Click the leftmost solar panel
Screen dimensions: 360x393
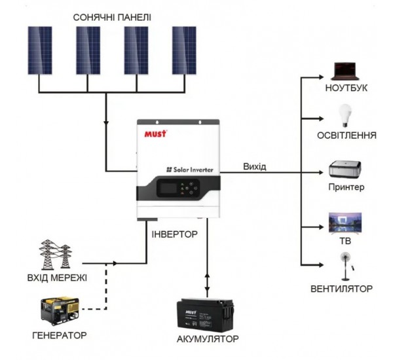(x=40, y=50)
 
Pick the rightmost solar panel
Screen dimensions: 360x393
(x=184, y=50)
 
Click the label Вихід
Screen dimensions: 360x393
(x=254, y=166)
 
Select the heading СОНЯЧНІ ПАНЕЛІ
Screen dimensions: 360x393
(x=112, y=16)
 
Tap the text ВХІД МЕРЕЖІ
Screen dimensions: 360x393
(x=57, y=278)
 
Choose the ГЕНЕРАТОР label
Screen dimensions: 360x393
(x=58, y=335)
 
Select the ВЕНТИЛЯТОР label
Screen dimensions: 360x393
(x=342, y=288)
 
